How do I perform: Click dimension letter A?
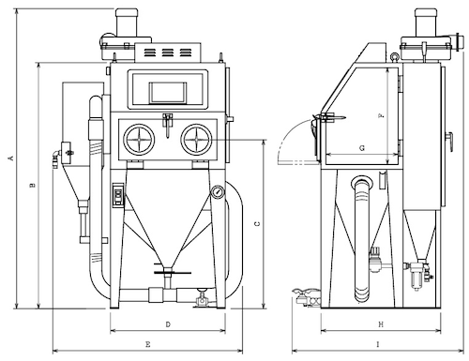[11, 158]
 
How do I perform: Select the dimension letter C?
[257, 224]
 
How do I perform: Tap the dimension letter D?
[168, 324]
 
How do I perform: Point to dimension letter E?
[148, 344]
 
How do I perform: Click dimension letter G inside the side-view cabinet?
[362, 148]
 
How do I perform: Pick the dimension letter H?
[381, 324]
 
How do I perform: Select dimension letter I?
[378, 344]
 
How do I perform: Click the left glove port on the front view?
[139, 140]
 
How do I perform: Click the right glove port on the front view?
[197, 140]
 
